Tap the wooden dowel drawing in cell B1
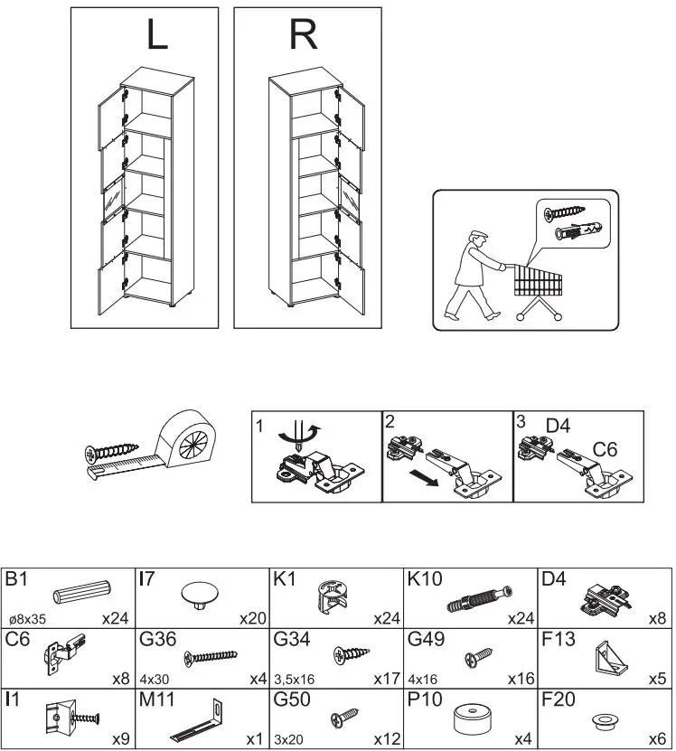coord(81,592)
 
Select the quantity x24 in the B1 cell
coord(116,619)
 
